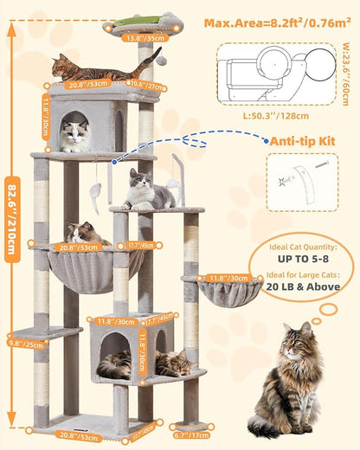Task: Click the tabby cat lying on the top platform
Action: (91, 69)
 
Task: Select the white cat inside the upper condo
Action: (74, 134)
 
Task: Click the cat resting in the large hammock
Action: (85, 233)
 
